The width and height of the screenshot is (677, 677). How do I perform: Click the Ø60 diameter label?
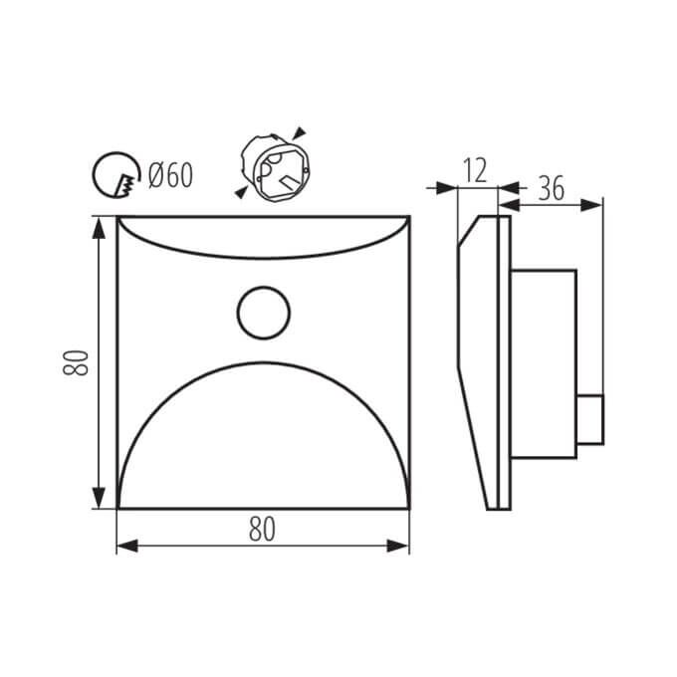point(170,176)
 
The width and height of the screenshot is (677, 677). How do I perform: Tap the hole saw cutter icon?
point(116,175)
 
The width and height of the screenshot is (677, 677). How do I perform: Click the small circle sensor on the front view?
point(264,313)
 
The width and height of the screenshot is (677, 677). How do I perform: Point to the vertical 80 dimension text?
point(76,363)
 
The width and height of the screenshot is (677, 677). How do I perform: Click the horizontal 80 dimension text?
point(262,530)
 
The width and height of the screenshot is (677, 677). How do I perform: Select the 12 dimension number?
point(475,170)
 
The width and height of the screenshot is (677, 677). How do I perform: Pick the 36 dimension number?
point(552,189)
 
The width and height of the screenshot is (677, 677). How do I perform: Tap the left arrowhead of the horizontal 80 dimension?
point(127,546)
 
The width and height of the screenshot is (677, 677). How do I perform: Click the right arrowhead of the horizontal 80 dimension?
point(397,546)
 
